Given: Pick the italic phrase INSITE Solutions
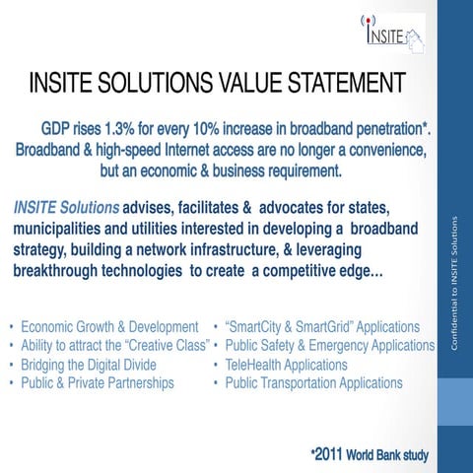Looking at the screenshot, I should tap(66, 209).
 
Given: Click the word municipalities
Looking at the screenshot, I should tap(61, 229).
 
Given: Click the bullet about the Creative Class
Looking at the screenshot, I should tap(114, 345).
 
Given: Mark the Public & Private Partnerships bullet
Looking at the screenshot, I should tap(97, 382).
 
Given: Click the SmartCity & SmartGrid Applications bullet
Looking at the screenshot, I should tap(322, 326).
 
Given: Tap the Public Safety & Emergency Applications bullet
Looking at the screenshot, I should tap(329, 345).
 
